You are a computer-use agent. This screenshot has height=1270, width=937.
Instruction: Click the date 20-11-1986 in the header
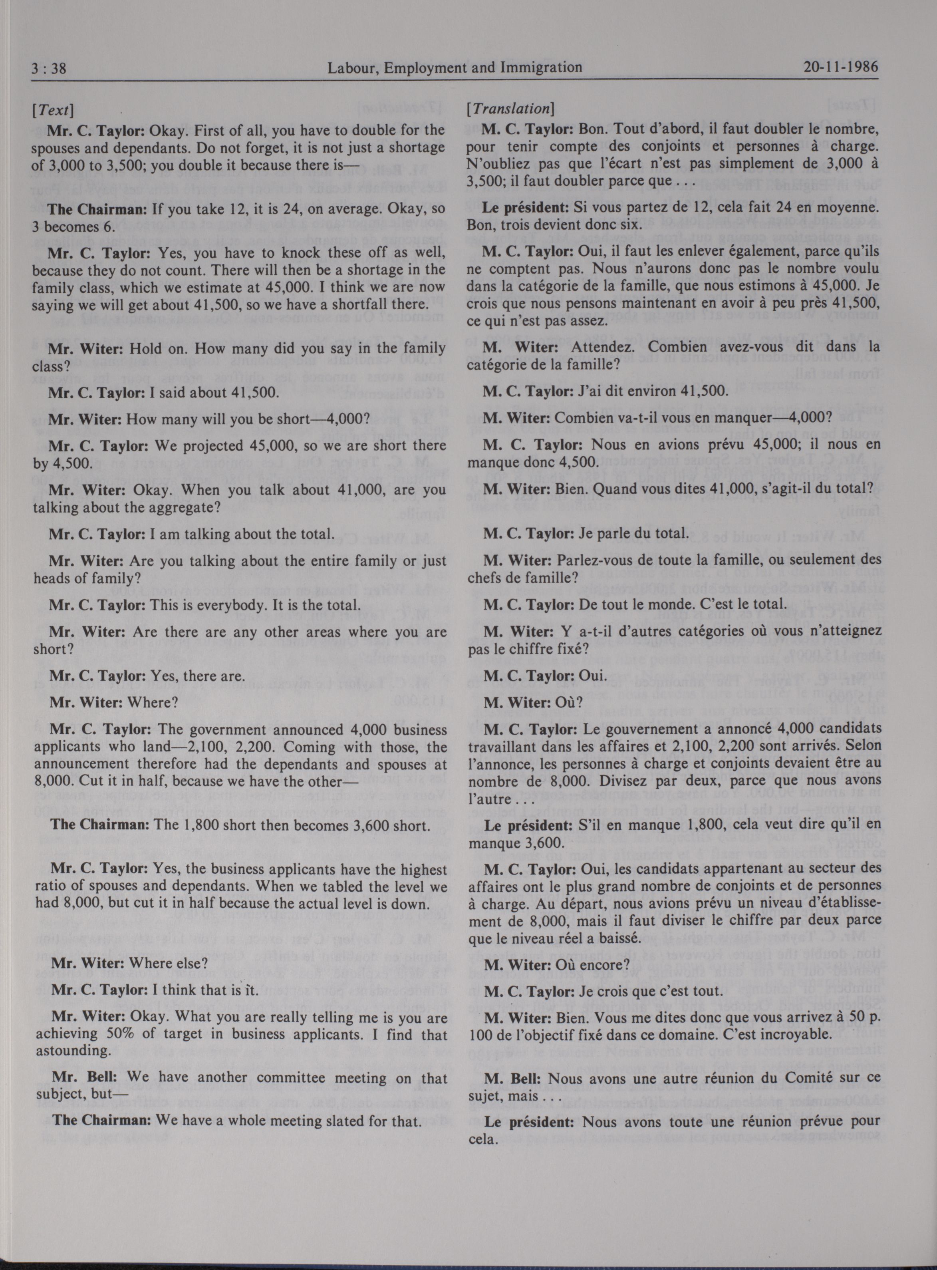pos(841,68)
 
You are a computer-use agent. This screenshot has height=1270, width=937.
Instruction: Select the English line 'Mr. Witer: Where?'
pos(113,702)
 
